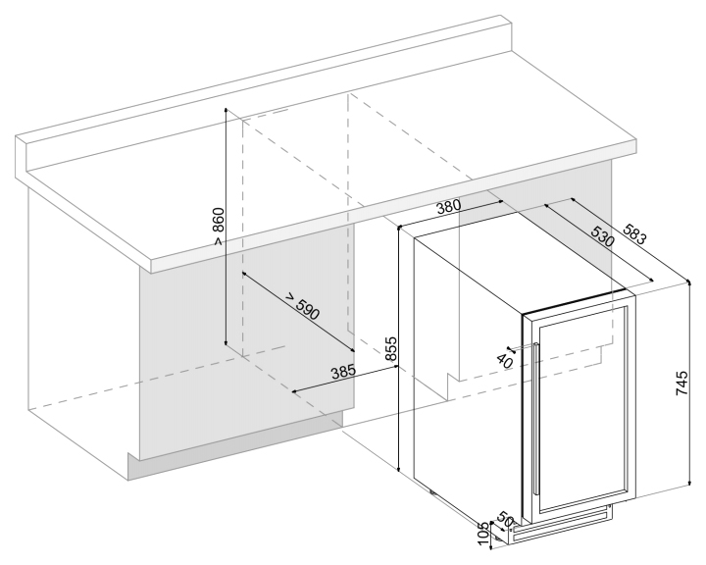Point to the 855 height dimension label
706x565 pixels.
[x=390, y=350]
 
